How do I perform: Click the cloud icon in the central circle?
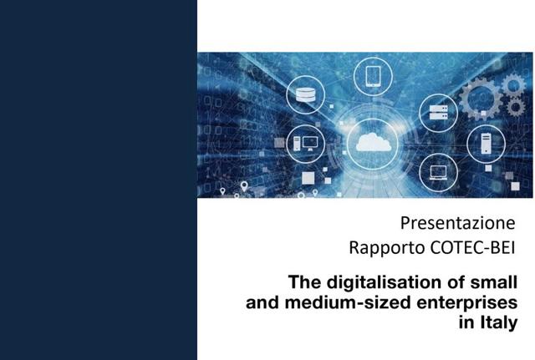374,142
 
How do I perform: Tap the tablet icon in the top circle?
373,76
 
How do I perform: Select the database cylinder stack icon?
305,94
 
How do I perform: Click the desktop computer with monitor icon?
305,144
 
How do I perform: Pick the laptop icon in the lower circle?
438,173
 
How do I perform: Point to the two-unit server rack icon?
438,113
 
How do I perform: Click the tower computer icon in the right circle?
486,143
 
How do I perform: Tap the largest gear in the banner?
481,99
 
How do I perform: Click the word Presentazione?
457,223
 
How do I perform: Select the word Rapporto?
387,248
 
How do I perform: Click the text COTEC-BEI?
472,248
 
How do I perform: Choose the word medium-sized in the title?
348,302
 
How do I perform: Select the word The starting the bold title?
305,282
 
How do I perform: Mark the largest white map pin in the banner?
244,186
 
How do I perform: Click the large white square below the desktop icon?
308,178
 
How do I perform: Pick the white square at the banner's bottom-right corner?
515,186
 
